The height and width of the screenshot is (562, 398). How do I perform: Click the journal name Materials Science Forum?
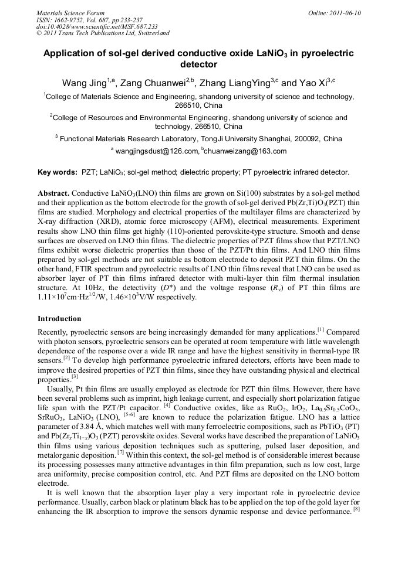coord(70,13)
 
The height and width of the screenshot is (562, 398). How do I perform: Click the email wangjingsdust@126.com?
coord(155,151)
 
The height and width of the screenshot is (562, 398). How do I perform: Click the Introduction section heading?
coord(59,319)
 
